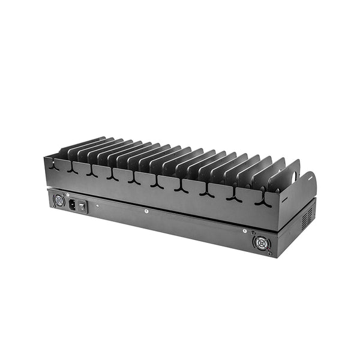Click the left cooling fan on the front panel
(x=59, y=200)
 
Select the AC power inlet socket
(x=75, y=205)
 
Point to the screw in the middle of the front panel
(x=146, y=211)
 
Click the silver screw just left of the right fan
(x=245, y=232)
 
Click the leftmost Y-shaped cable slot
(x=55, y=166)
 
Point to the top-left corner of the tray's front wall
(x=45, y=157)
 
